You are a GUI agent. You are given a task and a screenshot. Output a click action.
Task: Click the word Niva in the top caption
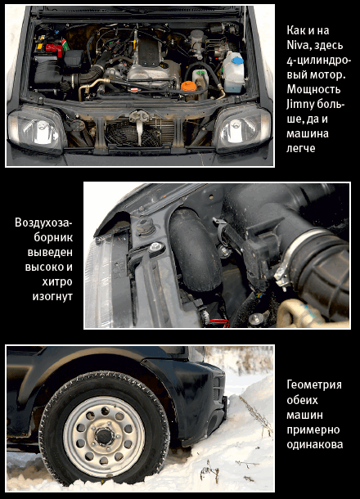pyautogui.click(x=297, y=45)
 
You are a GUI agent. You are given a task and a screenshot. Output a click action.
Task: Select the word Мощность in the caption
pyautogui.click(x=313, y=89)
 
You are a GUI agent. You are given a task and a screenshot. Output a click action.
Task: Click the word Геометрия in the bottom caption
pyautogui.click(x=314, y=385)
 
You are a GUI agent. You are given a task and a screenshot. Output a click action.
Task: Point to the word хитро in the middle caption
pyautogui.click(x=57, y=281)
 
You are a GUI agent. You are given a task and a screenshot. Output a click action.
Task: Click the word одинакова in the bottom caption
pyautogui.click(x=315, y=444)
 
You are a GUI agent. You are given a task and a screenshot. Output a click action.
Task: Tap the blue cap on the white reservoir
pyautogui.click(x=237, y=60)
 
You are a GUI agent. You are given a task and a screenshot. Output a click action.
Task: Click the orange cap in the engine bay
pyautogui.click(x=188, y=86)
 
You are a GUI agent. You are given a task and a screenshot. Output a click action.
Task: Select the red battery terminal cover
pyautogui.click(x=54, y=49)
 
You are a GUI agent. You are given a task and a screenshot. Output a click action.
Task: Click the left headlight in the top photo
pyautogui.click(x=38, y=129)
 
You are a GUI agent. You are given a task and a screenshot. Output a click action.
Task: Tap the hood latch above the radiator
pyautogui.click(x=139, y=116)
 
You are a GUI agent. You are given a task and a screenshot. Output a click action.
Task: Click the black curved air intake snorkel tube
pyautogui.click(x=195, y=250)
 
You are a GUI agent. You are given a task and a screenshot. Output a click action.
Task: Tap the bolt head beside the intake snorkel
pyautogui.click(x=155, y=246)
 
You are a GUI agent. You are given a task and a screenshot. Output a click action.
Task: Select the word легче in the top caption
pyautogui.click(x=301, y=148)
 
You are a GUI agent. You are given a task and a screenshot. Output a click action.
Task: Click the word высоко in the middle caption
pyautogui.click(x=49, y=267)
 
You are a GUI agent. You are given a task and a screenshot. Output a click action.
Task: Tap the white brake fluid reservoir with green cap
pyautogui.click(x=200, y=80)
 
